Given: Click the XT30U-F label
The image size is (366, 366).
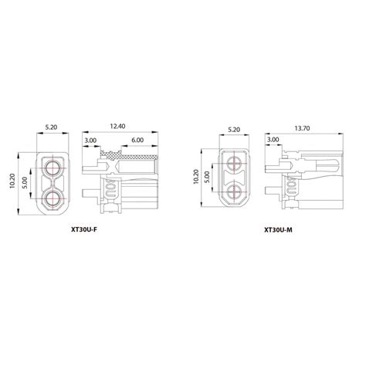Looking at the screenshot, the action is point(84,230).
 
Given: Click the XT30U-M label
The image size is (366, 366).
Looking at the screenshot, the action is point(278,230).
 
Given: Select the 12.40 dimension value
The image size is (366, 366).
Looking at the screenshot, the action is point(117,126).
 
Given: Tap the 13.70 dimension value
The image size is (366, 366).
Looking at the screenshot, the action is point(302,128).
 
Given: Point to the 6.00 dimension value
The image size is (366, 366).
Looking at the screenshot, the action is point(137,140).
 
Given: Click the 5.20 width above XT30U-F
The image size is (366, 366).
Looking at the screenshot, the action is point(51,127).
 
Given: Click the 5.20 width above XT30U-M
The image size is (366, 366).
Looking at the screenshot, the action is point(234,130).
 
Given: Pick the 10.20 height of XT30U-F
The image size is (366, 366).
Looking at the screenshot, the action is point(12,181).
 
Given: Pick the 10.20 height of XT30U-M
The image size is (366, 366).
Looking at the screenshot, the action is point(195,177).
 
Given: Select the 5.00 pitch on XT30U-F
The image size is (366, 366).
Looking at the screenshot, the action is point(25,183).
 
